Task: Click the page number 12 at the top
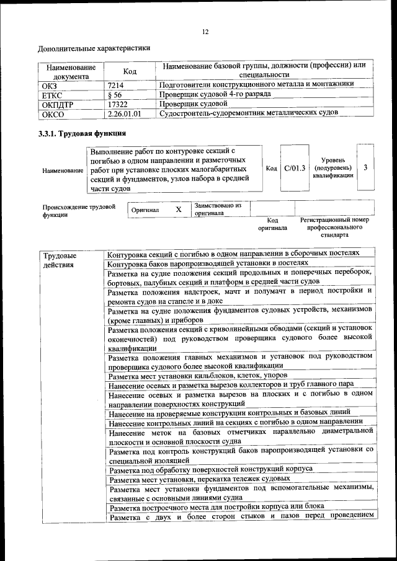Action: pos(205,32)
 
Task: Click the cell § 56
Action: pos(114,94)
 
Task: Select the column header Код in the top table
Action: pos(130,71)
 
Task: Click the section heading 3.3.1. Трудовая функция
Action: pos(83,133)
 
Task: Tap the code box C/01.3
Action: pos(295,168)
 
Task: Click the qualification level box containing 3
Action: pos(365,168)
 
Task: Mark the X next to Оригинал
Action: pos(179,210)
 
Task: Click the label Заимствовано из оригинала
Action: pos(217,209)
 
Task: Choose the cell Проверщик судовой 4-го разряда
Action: pos(215,94)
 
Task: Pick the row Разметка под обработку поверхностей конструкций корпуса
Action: pos(210,469)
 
